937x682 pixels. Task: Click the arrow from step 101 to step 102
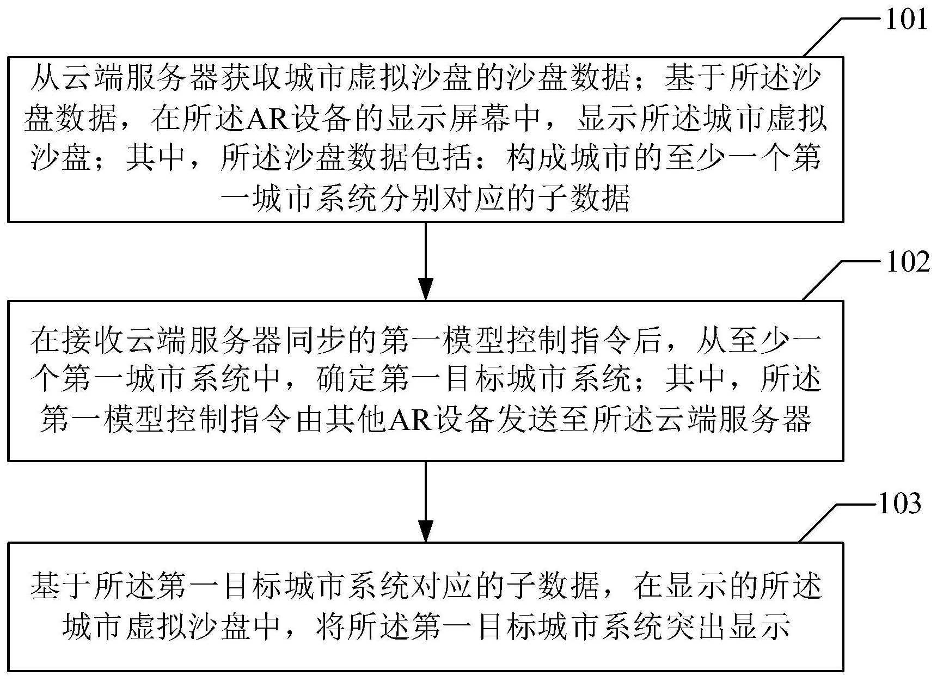[425, 261]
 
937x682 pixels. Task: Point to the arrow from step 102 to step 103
[425, 501]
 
